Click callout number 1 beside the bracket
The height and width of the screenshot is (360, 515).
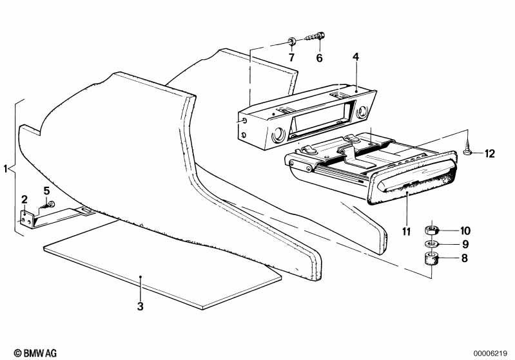click(x=5, y=169)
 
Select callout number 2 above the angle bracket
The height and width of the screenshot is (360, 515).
click(x=24, y=199)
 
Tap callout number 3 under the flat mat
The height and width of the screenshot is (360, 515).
click(x=141, y=306)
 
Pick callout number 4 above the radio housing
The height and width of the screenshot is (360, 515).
click(x=356, y=57)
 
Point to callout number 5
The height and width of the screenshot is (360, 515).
click(x=46, y=191)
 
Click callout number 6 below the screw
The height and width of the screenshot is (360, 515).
click(x=319, y=58)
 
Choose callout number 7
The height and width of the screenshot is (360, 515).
click(x=291, y=58)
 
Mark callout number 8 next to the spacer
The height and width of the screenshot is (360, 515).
click(x=464, y=258)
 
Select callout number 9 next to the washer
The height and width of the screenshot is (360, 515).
click(x=465, y=244)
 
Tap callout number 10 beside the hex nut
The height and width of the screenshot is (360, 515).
click(x=465, y=231)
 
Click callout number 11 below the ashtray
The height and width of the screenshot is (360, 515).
click(x=406, y=232)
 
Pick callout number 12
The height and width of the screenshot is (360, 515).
click(x=489, y=153)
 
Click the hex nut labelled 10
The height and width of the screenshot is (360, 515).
click(x=431, y=230)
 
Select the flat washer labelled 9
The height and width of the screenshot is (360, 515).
click(x=431, y=244)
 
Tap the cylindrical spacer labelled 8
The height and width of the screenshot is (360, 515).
click(x=431, y=258)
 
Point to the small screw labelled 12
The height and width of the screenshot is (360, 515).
click(x=467, y=147)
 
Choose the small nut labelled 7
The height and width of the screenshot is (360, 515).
click(x=291, y=41)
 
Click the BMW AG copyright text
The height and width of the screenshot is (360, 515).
click(x=35, y=353)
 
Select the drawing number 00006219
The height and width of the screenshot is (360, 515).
click(x=490, y=354)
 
